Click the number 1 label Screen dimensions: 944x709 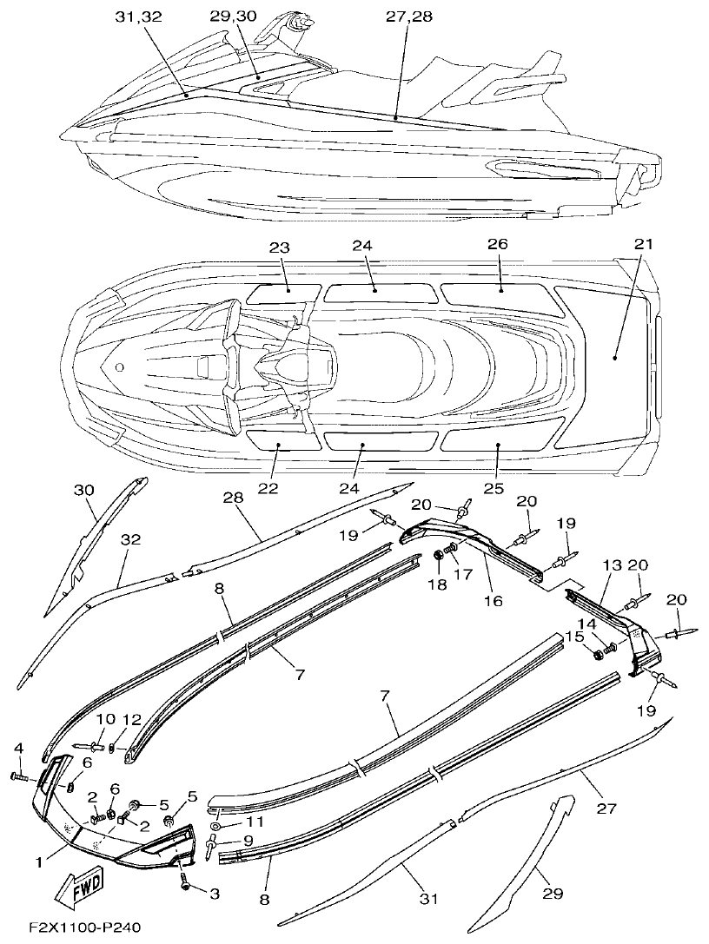tap(38, 862)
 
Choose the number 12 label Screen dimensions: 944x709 tap(130, 719)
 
